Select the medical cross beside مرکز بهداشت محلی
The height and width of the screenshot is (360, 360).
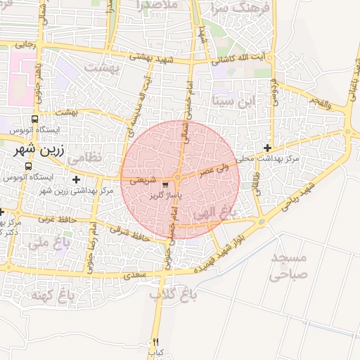pyautogui.click(x=267, y=148)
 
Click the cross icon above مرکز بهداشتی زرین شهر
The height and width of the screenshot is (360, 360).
pyautogui.click(x=76, y=180)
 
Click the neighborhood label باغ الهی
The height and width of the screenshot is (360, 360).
pyautogui.click(x=212, y=212)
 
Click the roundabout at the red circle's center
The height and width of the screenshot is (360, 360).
pyautogui.click(x=178, y=179)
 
